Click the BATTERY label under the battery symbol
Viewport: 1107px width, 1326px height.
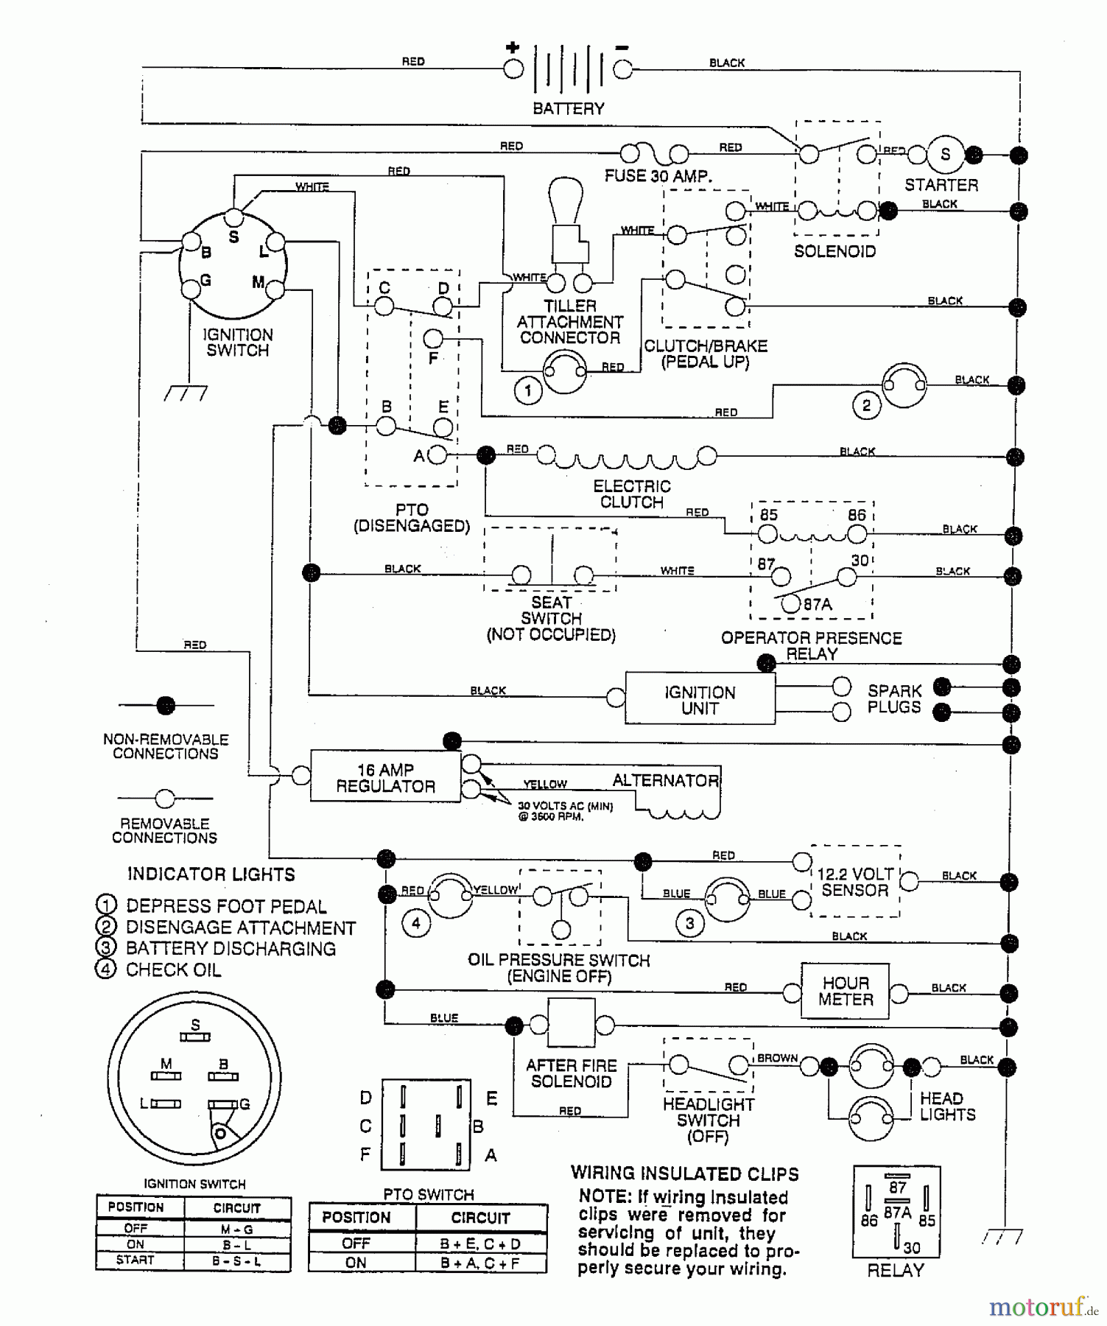click(x=568, y=108)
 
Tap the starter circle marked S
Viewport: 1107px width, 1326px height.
click(x=945, y=155)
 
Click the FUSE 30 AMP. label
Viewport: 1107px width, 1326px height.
click(x=658, y=176)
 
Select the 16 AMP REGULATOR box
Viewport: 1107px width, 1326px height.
click(x=385, y=778)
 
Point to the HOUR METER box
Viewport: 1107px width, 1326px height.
click(x=845, y=992)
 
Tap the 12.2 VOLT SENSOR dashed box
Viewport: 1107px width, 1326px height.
click(x=855, y=882)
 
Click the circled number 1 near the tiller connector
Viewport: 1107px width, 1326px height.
click(x=527, y=390)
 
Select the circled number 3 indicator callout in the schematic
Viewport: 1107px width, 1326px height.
click(x=689, y=923)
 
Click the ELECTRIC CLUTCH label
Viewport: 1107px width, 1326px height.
click(x=631, y=494)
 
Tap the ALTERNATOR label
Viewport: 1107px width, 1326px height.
click(x=665, y=780)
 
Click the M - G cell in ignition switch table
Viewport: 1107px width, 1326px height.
click(x=236, y=1229)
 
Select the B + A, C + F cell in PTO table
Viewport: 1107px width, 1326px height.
click(x=480, y=1262)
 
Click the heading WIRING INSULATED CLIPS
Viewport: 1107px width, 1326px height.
click(x=684, y=1174)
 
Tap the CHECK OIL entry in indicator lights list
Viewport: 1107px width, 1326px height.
click(x=173, y=969)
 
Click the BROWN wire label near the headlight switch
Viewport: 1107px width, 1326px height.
click(x=777, y=1058)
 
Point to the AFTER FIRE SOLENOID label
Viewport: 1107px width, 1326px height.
click(x=571, y=1073)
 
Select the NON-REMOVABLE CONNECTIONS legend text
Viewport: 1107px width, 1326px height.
click(x=166, y=746)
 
